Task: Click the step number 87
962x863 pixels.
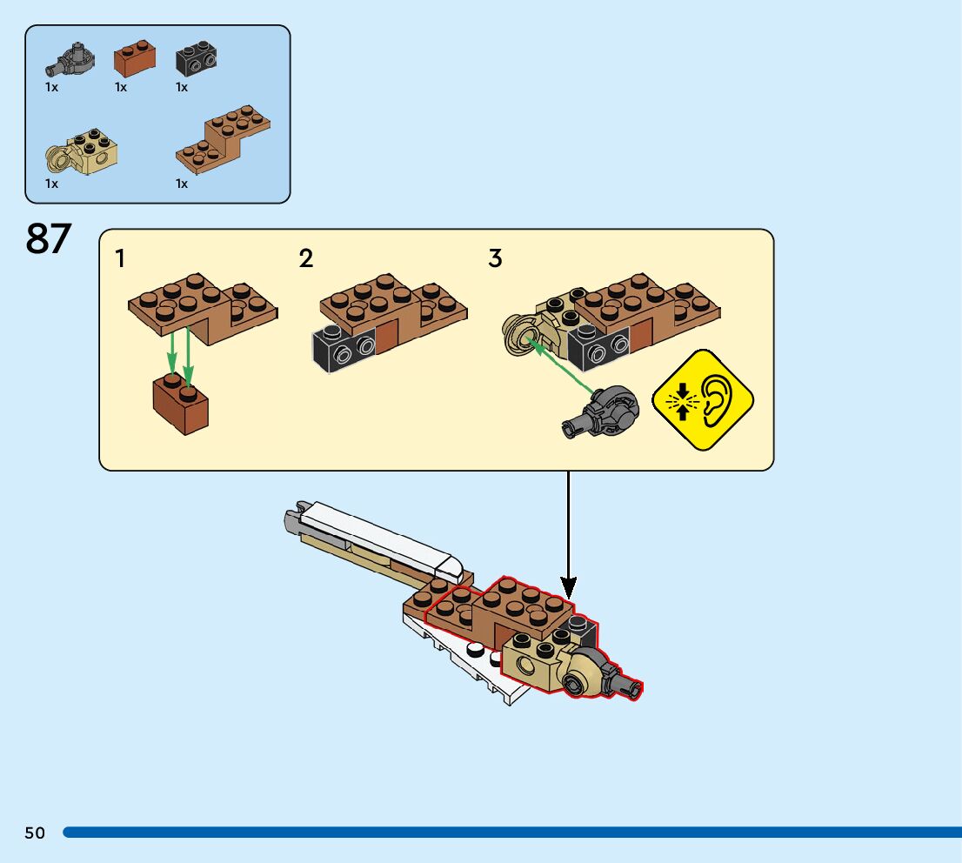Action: [49, 239]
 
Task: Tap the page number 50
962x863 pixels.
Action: [35, 833]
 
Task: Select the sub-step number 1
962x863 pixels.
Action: [120, 258]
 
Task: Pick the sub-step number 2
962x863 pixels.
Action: [306, 258]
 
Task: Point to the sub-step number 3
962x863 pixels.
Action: [495, 258]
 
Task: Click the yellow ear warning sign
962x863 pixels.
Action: [702, 400]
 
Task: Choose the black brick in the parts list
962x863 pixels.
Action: [197, 59]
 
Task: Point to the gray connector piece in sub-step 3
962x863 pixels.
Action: [602, 411]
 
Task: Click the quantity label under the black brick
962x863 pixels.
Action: [182, 87]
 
